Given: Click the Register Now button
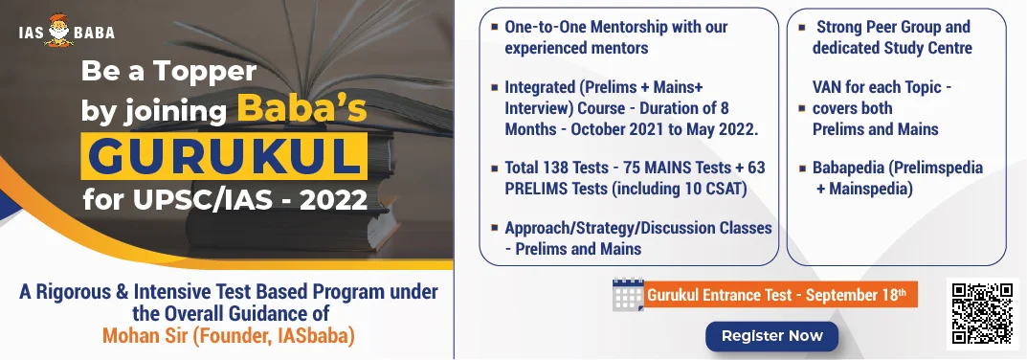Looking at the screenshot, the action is [771, 336].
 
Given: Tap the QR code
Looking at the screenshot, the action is [982, 313].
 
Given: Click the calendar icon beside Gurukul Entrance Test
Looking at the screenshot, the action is [628, 295].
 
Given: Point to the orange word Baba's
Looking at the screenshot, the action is [301, 109].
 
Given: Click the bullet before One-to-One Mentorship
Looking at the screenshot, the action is [494, 28].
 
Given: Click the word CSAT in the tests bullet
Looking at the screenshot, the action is [723, 189].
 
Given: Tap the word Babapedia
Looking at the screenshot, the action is [848, 168].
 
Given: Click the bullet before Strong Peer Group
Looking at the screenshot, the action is [802, 28].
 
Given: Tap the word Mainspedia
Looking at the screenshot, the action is [870, 189].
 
